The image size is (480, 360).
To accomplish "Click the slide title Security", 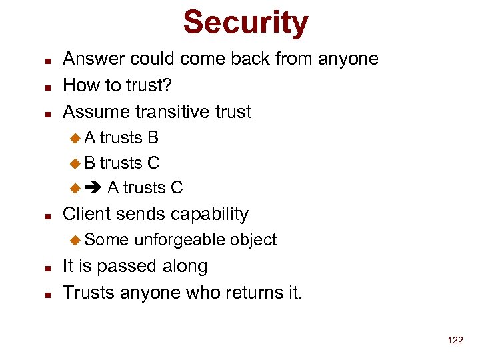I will [245, 22].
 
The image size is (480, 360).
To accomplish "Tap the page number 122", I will [455, 340].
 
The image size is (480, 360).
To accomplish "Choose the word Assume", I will [95, 111].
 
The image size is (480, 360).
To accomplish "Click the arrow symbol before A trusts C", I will [92, 188].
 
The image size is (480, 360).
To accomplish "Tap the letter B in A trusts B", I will [153, 138].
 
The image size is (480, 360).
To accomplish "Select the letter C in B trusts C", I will [153, 163].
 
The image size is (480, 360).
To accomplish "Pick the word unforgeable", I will [179, 240].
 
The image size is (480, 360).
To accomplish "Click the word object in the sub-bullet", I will [253, 240].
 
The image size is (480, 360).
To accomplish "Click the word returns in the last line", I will [250, 292].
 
